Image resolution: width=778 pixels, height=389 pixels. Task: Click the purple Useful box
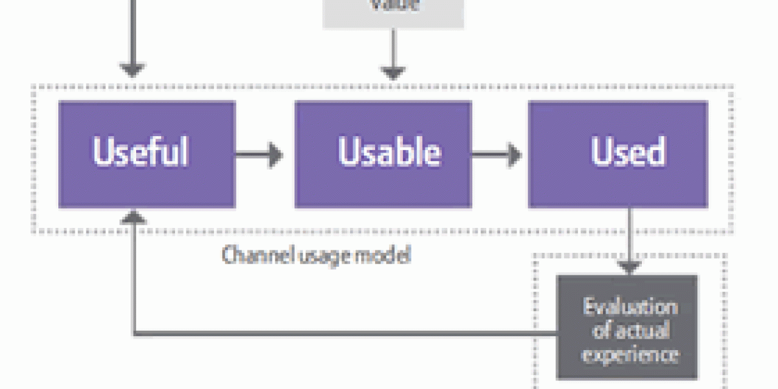pyautogui.click(x=146, y=154)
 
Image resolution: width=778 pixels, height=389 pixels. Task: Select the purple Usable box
pyautogui.click(x=383, y=154)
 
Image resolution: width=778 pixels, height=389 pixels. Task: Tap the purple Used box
pyautogui.click(x=618, y=154)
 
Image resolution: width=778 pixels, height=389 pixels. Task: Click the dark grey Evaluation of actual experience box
pyautogui.click(x=627, y=328)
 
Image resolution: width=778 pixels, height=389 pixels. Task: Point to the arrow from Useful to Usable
pyautogui.click(x=259, y=154)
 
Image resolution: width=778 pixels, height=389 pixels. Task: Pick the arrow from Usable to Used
pyautogui.click(x=496, y=154)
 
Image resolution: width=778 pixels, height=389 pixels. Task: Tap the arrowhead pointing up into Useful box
pyautogui.click(x=133, y=217)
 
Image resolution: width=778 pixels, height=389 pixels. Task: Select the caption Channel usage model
pyautogui.click(x=316, y=255)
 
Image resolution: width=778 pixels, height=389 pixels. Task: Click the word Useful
pyautogui.click(x=140, y=151)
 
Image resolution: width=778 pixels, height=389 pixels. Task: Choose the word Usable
pyautogui.click(x=389, y=151)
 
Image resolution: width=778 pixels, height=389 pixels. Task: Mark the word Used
pyautogui.click(x=628, y=151)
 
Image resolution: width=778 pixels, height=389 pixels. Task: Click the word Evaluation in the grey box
pyautogui.click(x=630, y=307)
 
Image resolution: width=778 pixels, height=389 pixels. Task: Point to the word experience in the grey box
pyautogui.click(x=630, y=354)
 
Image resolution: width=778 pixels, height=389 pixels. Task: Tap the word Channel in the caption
pyautogui.click(x=248, y=255)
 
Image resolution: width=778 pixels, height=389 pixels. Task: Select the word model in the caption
pyautogui.click(x=387, y=255)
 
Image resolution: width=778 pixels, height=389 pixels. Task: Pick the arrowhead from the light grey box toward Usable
pyautogui.click(x=393, y=72)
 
